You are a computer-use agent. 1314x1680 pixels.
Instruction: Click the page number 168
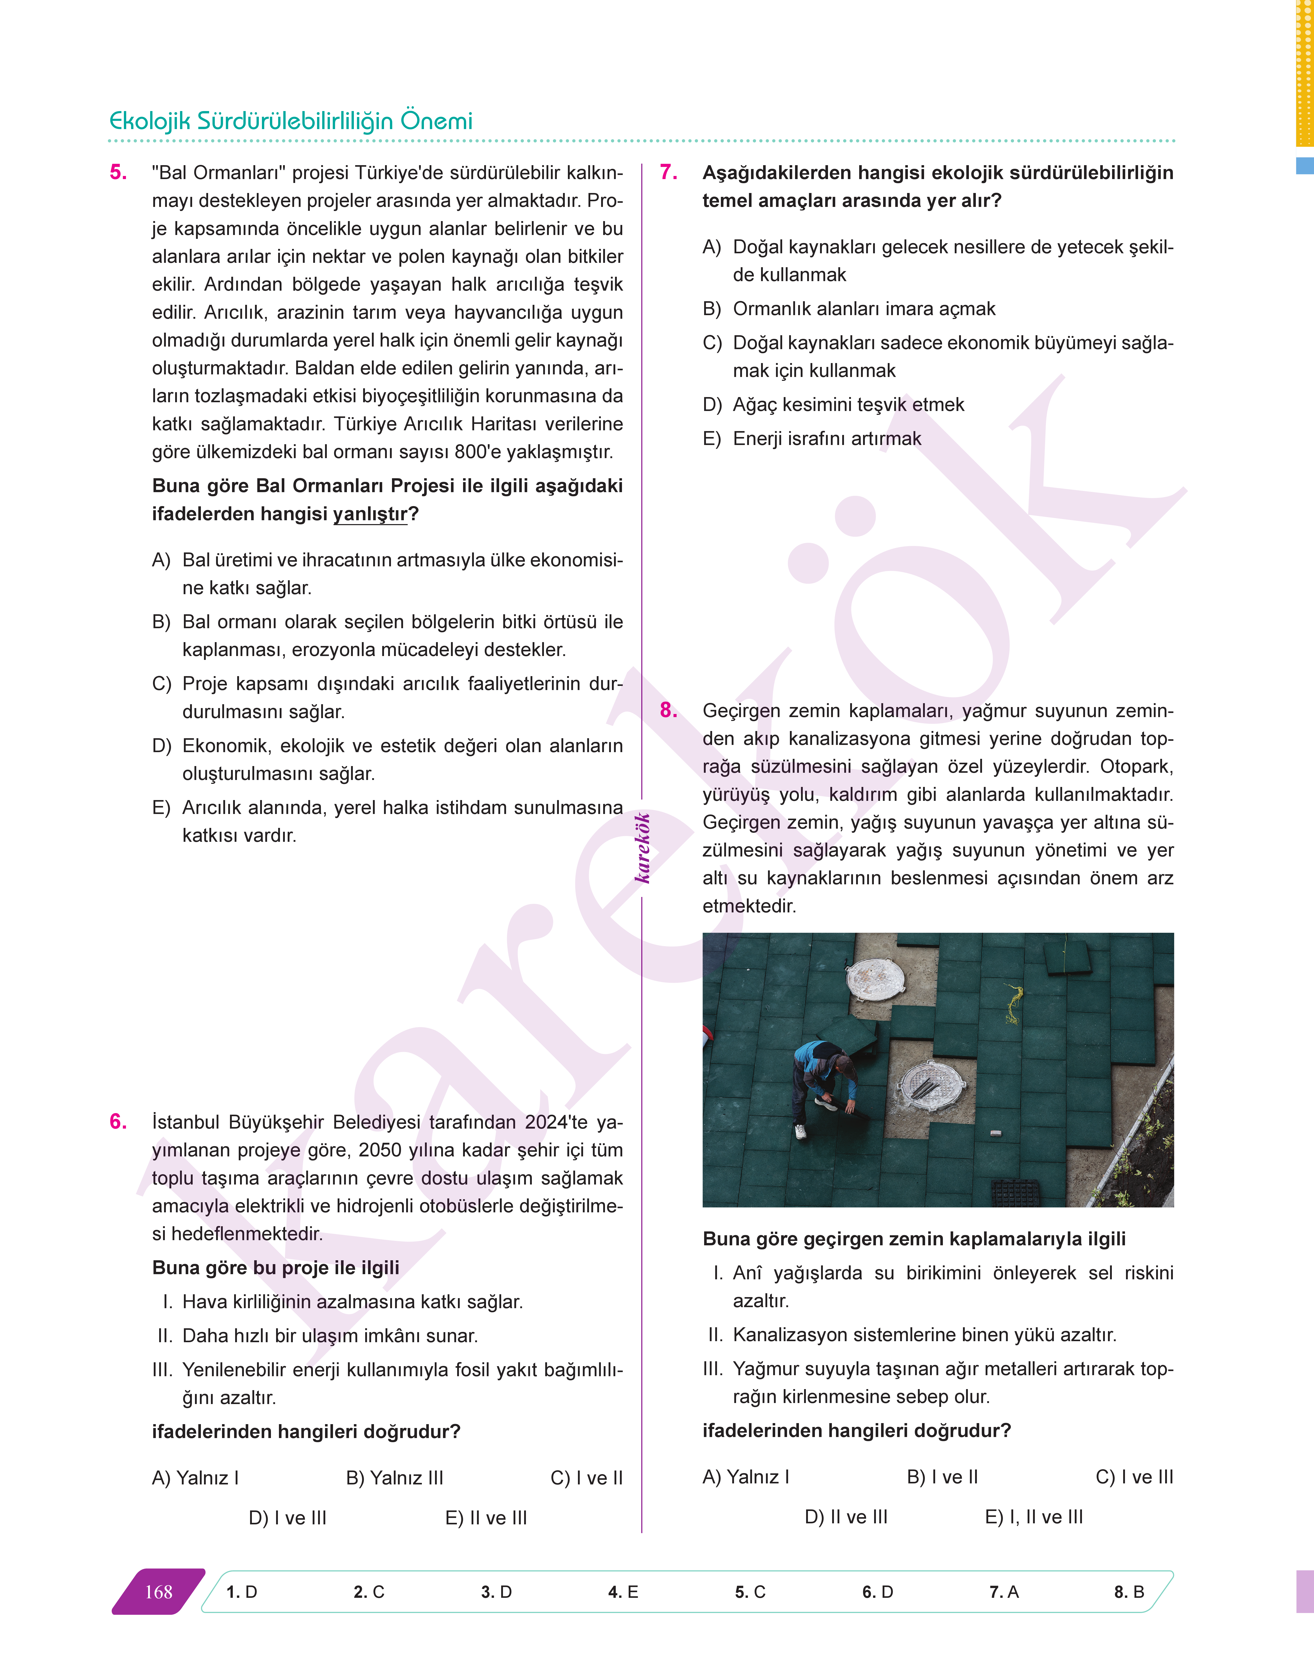(x=158, y=1592)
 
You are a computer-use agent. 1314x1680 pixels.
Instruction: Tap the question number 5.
(x=118, y=172)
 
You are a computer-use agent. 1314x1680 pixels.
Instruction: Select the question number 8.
(x=669, y=710)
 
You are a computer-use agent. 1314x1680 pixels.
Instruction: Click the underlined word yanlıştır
(x=370, y=514)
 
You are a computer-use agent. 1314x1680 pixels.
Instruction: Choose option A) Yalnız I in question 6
(x=195, y=1477)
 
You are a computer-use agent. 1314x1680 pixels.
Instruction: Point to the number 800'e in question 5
(x=477, y=452)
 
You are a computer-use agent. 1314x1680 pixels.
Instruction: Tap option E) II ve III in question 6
(x=486, y=1518)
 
